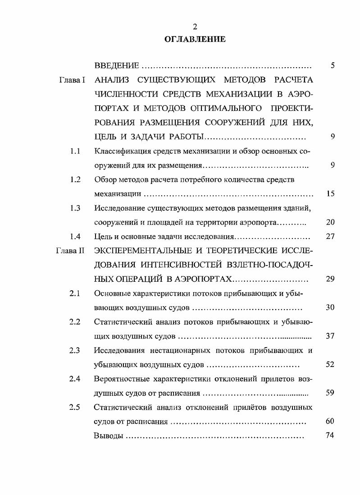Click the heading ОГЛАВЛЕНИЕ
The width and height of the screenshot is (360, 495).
tap(195, 39)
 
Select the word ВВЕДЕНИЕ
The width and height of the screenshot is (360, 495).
tap(117, 66)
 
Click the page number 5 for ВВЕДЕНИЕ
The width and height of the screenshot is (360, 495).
tap(332, 66)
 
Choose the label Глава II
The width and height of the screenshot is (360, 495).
tap(70, 251)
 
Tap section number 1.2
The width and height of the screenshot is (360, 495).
tap(75, 179)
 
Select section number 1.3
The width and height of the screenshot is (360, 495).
tap(75, 208)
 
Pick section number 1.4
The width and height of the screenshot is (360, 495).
tap(75, 236)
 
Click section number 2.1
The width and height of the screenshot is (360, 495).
tap(75, 293)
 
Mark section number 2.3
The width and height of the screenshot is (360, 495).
tap(75, 350)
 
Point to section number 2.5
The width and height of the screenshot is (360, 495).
tap(75, 408)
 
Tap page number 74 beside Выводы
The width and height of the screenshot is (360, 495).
tap(329, 436)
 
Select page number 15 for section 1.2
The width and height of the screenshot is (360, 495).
tap(329, 194)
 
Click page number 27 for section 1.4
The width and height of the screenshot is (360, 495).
tap(329, 236)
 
